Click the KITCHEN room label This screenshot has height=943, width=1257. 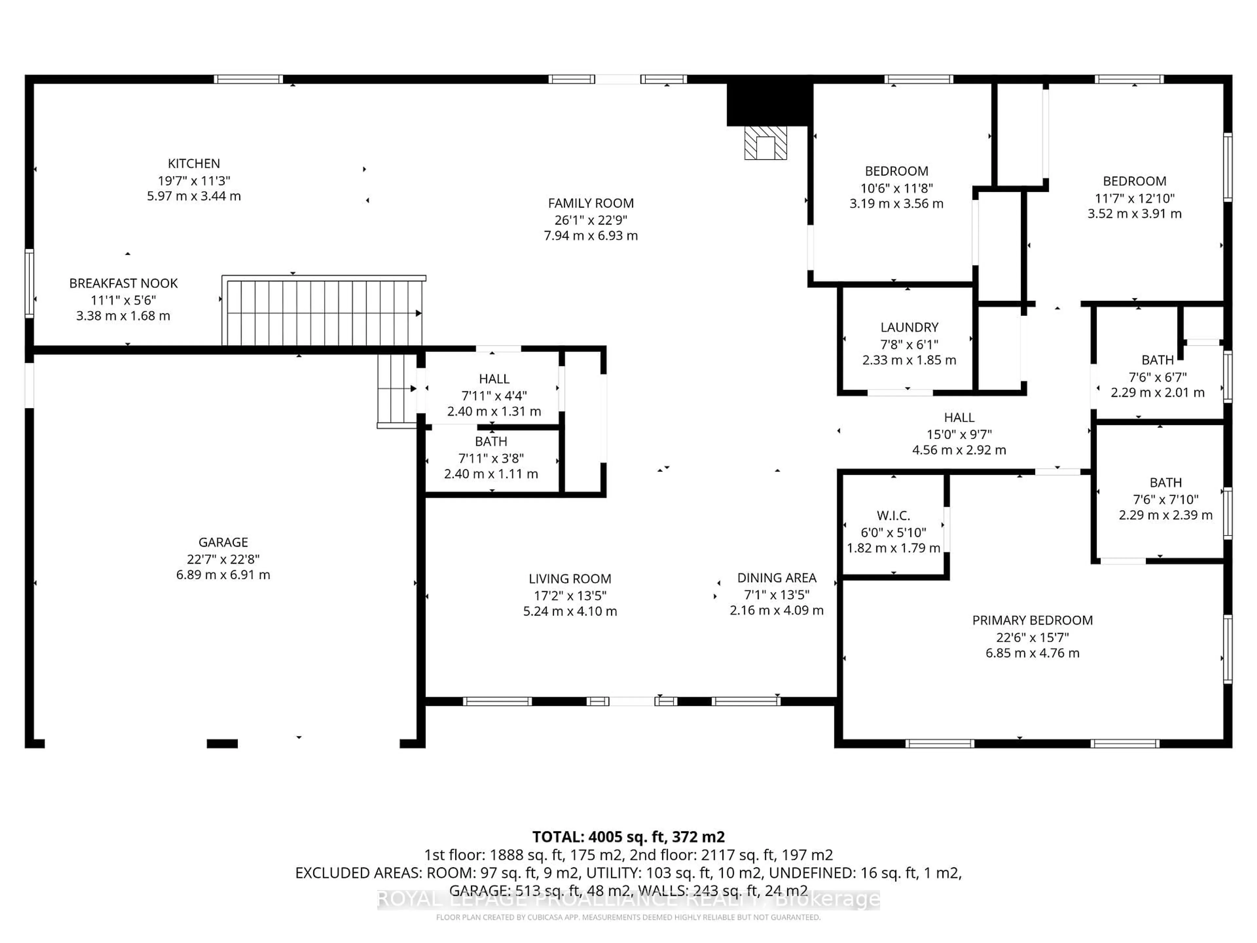click(194, 164)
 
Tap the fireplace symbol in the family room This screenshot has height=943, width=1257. click(765, 143)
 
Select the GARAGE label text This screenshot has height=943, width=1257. click(223, 542)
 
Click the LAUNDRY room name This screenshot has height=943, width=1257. click(909, 327)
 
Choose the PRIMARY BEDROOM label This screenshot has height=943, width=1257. click(1032, 620)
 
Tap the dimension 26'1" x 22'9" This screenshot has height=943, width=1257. click(591, 220)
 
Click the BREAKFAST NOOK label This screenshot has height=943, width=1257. click(123, 283)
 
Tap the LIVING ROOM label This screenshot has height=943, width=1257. click(570, 579)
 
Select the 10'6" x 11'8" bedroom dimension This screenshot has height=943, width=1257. click(896, 188)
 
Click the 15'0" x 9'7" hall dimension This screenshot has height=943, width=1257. click(959, 434)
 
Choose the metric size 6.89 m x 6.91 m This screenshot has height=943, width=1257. click(223, 575)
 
